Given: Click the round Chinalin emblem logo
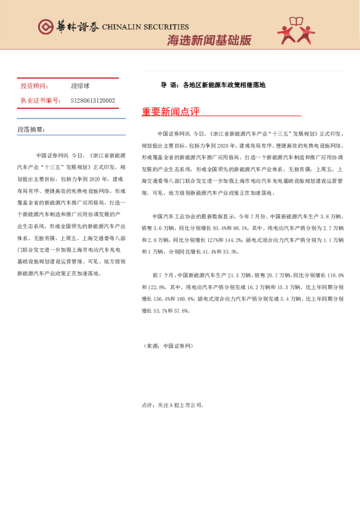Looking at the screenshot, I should tap(45, 27).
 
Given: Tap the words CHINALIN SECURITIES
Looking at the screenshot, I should tap(145, 27).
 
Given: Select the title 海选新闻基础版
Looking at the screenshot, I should tap(209, 41).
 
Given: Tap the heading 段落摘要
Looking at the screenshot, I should tap(31, 130).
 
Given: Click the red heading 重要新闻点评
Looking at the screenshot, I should tap(171, 112).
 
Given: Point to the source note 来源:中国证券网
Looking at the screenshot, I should tap(168, 346).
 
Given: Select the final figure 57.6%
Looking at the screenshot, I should tap(183, 311).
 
